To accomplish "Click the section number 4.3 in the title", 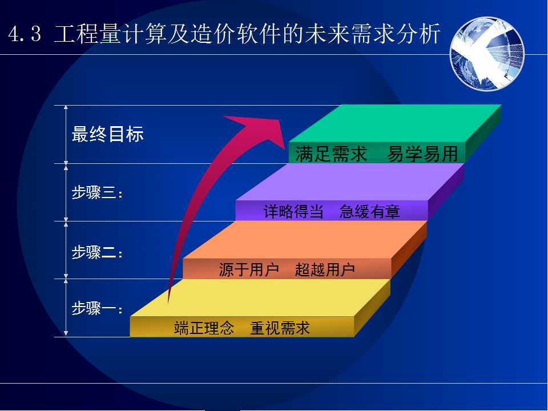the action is point(25,34).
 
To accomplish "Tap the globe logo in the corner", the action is point(487,54).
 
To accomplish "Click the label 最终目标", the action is point(108,134).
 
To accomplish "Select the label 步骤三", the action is point(97,192).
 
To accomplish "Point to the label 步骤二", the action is point(97,252).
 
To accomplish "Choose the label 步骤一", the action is point(97,309).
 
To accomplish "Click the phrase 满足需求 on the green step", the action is point(331,154).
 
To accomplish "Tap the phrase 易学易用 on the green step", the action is point(422,154).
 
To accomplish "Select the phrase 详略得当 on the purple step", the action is point(293,211).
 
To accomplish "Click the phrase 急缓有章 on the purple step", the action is point(369,211).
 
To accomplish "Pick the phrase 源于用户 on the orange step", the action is point(249,269).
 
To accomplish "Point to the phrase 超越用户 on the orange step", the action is point(325,269).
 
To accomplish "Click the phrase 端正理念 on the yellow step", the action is point(204,328).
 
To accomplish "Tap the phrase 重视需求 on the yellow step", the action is point(280,328).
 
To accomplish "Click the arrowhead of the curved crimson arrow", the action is point(265,130).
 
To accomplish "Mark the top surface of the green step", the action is point(395,123).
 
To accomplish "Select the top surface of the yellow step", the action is point(260,298).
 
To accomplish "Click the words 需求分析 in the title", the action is point(396,34).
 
